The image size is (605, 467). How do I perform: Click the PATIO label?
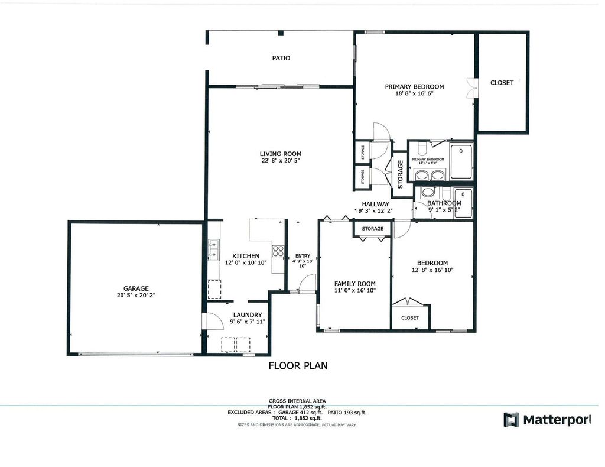click(281, 58)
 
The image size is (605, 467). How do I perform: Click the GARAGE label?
click(136, 288)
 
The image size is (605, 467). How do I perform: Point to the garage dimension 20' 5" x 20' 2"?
click(136, 295)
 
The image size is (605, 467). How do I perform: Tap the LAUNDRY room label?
click(247, 314)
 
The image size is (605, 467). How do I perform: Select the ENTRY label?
click(302, 256)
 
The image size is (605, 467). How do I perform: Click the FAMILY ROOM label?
click(354, 283)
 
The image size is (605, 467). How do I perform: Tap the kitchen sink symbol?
click(213, 249)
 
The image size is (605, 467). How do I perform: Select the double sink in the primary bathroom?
click(429, 175)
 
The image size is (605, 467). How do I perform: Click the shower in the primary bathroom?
click(461, 161)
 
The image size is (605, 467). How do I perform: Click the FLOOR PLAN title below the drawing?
click(298, 365)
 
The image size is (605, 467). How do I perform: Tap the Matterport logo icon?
click(510, 420)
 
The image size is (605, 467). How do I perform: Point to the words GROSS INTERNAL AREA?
click(297, 401)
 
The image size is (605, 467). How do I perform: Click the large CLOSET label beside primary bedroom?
click(502, 83)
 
